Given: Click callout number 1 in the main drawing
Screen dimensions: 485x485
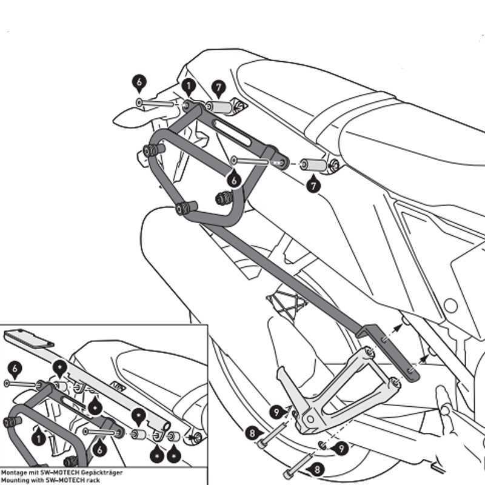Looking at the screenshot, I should click(188, 87).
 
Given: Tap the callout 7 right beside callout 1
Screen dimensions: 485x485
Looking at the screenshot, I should click(218, 87).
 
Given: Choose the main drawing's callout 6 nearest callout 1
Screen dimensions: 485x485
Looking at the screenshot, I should click(139, 82).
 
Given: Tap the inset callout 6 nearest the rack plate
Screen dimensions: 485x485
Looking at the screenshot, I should click(15, 367).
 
